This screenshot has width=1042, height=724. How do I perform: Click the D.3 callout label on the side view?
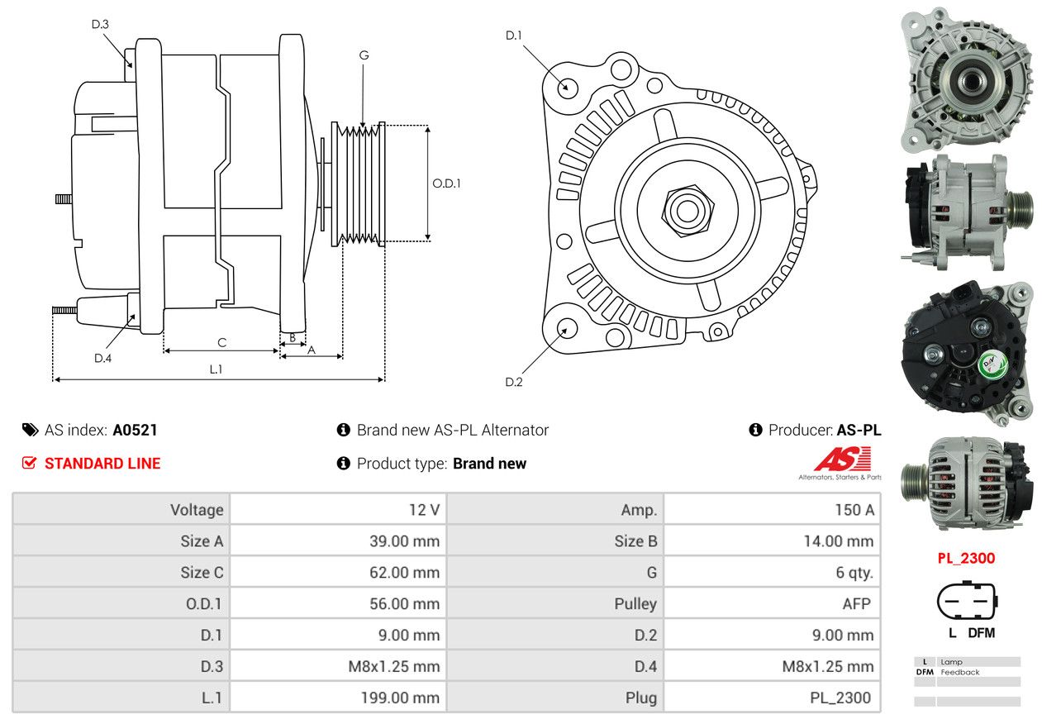(100, 24)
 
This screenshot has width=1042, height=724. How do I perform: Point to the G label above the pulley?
(364, 55)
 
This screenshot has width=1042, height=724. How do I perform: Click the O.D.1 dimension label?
(446, 183)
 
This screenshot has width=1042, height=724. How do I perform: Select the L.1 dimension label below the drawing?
(215, 369)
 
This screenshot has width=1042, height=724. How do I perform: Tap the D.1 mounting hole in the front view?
(567, 87)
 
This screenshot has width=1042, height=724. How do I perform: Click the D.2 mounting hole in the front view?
(566, 328)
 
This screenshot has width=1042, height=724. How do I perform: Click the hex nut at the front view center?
(685, 210)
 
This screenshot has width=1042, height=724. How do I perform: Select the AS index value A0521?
(135, 430)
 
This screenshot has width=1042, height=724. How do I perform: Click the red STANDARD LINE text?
(102, 464)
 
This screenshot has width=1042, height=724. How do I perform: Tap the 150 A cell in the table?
(854, 510)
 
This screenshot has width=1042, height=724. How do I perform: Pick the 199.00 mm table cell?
(399, 698)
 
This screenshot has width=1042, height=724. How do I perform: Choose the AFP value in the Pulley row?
(856, 603)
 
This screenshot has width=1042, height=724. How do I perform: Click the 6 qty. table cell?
(854, 572)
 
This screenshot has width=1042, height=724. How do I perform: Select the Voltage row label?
(197, 510)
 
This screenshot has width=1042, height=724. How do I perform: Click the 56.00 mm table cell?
(404, 603)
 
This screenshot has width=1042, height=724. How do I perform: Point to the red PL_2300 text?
(966, 558)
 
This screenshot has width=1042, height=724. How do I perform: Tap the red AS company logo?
(842, 459)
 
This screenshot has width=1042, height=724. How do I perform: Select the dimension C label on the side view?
(221, 342)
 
